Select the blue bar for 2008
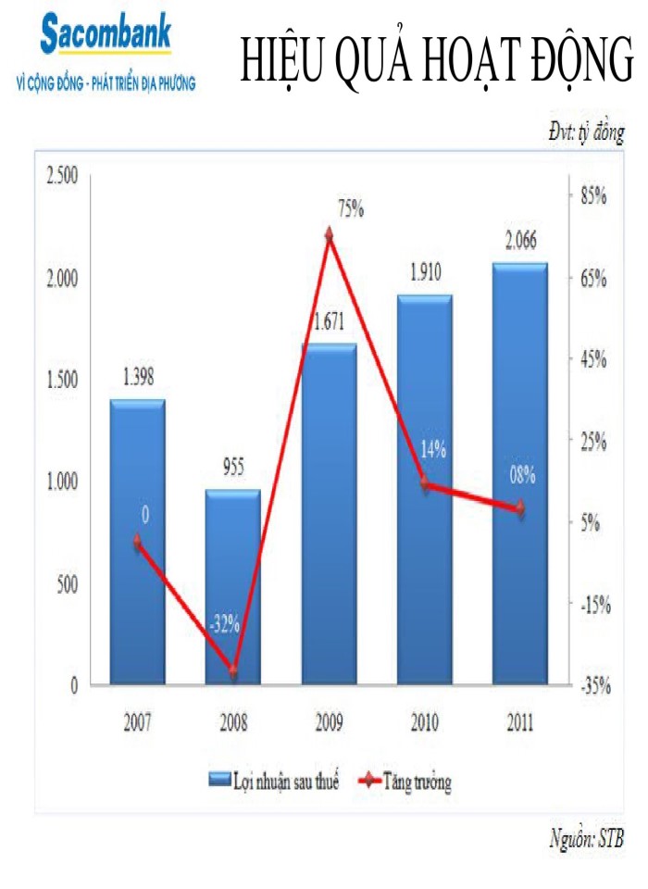pyautogui.click(x=233, y=588)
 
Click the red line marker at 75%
pyautogui.click(x=329, y=236)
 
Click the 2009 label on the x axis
pyautogui.click(x=330, y=722)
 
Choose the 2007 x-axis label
pyautogui.click(x=137, y=722)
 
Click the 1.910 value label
pyautogui.click(x=424, y=272)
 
